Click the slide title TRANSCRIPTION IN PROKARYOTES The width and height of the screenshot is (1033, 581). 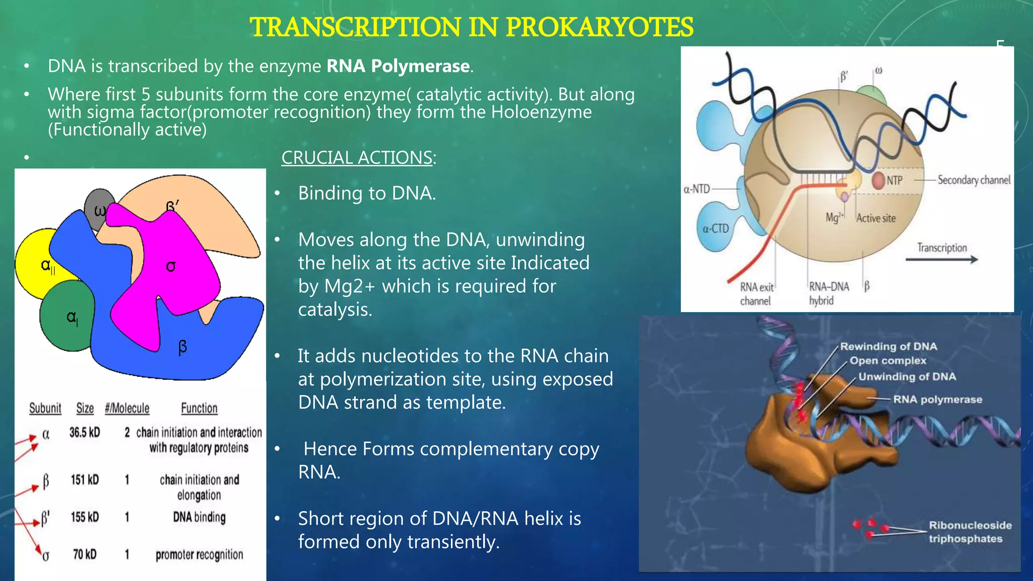coord(472,27)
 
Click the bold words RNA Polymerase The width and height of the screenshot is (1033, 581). coord(398,66)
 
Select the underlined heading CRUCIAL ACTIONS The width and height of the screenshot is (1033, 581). coord(357,158)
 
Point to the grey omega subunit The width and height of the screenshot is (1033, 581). coord(98,207)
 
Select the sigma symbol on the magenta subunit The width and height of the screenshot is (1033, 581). coord(171,266)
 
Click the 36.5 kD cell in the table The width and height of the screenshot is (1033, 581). coord(85,433)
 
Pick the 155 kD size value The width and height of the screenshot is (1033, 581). coord(85,517)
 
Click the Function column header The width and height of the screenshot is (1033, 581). coord(199,408)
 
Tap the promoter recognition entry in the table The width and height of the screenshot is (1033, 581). coord(199,555)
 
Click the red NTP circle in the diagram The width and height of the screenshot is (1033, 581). coord(879,180)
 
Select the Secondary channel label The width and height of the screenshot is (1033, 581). coord(973,180)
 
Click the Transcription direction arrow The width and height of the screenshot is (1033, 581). coord(941,259)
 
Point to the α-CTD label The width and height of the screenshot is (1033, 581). coord(716,228)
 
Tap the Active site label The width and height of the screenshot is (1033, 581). coord(876,218)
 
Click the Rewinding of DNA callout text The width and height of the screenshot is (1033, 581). coord(888,346)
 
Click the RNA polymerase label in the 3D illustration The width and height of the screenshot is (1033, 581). coord(938,399)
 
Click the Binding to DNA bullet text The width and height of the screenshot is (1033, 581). coord(367,193)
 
